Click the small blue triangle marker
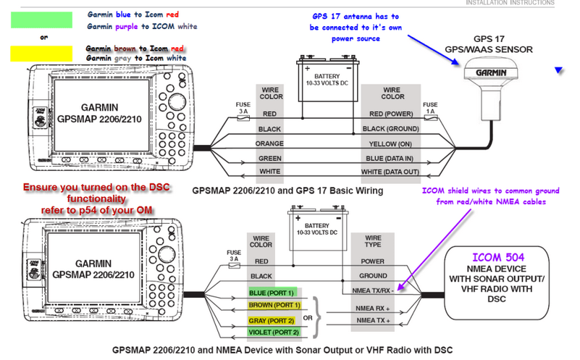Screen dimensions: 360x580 (558, 70)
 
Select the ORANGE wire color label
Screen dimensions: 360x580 (269, 143)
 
